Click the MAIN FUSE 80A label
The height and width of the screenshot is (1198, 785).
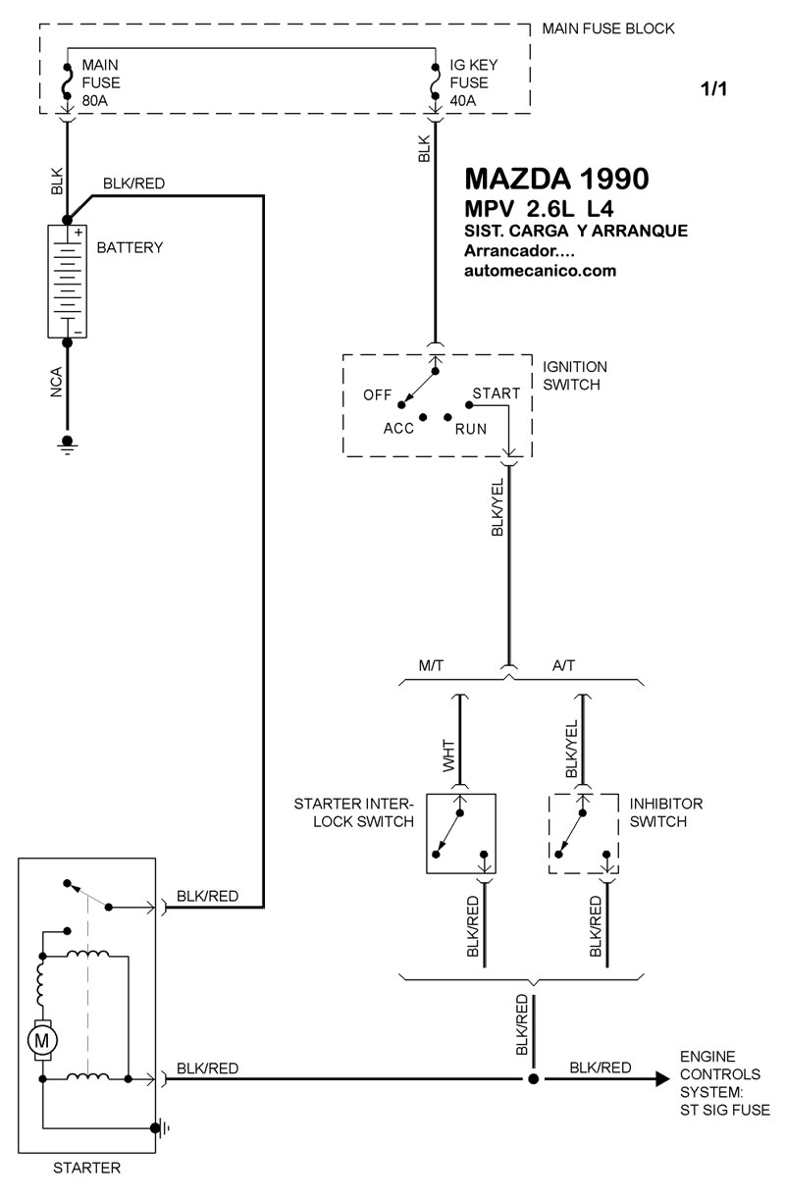[x=100, y=81]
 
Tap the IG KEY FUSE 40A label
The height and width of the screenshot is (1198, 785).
[x=475, y=81]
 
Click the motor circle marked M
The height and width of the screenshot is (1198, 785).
[x=42, y=1038]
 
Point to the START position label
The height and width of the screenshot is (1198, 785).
[x=497, y=393]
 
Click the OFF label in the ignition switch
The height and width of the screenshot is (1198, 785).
[x=378, y=395]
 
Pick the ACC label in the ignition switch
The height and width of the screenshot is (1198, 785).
[x=399, y=429]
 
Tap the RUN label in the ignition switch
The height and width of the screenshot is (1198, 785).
[x=471, y=429]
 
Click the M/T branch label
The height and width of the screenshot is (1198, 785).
[x=433, y=665]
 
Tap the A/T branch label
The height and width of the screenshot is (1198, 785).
[x=564, y=665]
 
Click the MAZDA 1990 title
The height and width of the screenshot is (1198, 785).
[x=555, y=181]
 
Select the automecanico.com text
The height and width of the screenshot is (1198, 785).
[x=540, y=272]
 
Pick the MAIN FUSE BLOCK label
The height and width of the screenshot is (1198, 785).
[x=608, y=28]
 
